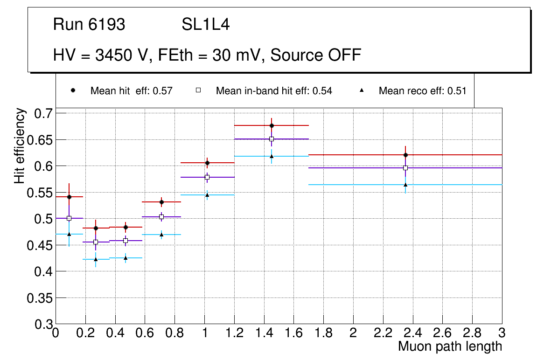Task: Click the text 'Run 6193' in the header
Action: tap(89, 25)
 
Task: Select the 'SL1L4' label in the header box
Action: tap(205, 25)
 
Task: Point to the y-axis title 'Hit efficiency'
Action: tap(20, 145)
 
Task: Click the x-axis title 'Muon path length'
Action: tap(450, 346)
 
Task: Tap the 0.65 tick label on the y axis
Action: tap(40, 140)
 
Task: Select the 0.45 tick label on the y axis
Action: tap(40, 245)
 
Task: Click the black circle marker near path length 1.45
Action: tap(272, 125)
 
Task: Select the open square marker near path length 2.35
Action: tap(405, 168)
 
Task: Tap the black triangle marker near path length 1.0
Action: tap(207, 195)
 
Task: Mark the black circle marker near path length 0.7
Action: tap(161, 202)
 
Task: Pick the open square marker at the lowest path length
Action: tap(69, 218)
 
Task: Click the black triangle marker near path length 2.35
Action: tap(405, 185)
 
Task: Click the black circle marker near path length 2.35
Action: tap(405, 155)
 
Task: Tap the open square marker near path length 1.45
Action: tap(272, 139)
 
